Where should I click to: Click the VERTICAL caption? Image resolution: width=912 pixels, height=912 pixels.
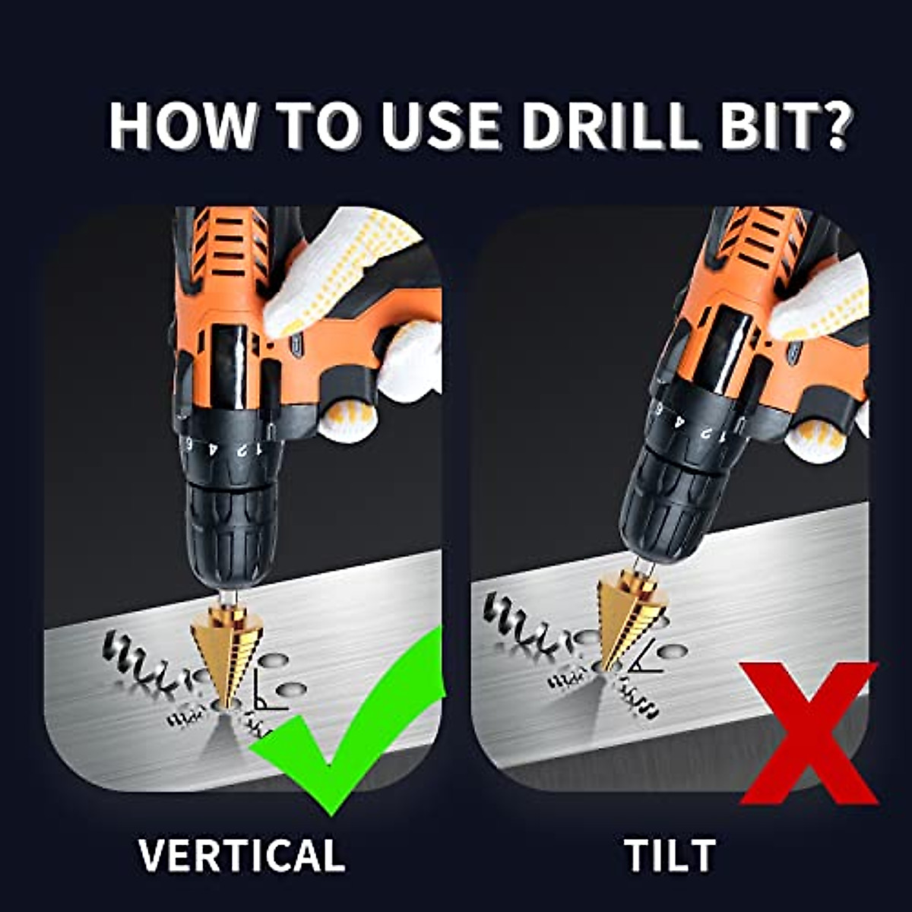[x=242, y=855]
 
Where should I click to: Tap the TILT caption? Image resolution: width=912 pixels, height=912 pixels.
[x=670, y=855]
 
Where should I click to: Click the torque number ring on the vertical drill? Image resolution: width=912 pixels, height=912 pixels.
[x=228, y=448]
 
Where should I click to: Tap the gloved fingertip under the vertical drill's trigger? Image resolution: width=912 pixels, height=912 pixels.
[x=346, y=422]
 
